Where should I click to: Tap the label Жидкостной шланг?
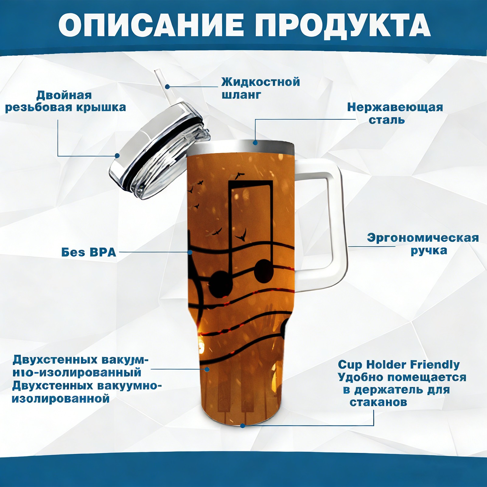tap(261, 88)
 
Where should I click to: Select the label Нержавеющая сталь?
tap(395, 113)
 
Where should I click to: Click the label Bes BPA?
tap(89, 252)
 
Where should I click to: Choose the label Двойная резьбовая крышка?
tap(65, 101)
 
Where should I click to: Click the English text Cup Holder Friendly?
tap(399, 364)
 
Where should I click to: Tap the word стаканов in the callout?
tap(378, 402)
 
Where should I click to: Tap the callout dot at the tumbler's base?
tap(243, 426)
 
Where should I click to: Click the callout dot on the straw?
tap(167, 87)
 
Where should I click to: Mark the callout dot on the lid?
tap(117, 156)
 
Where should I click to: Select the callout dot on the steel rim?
tap(255, 142)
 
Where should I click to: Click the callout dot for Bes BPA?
tap(190, 252)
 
